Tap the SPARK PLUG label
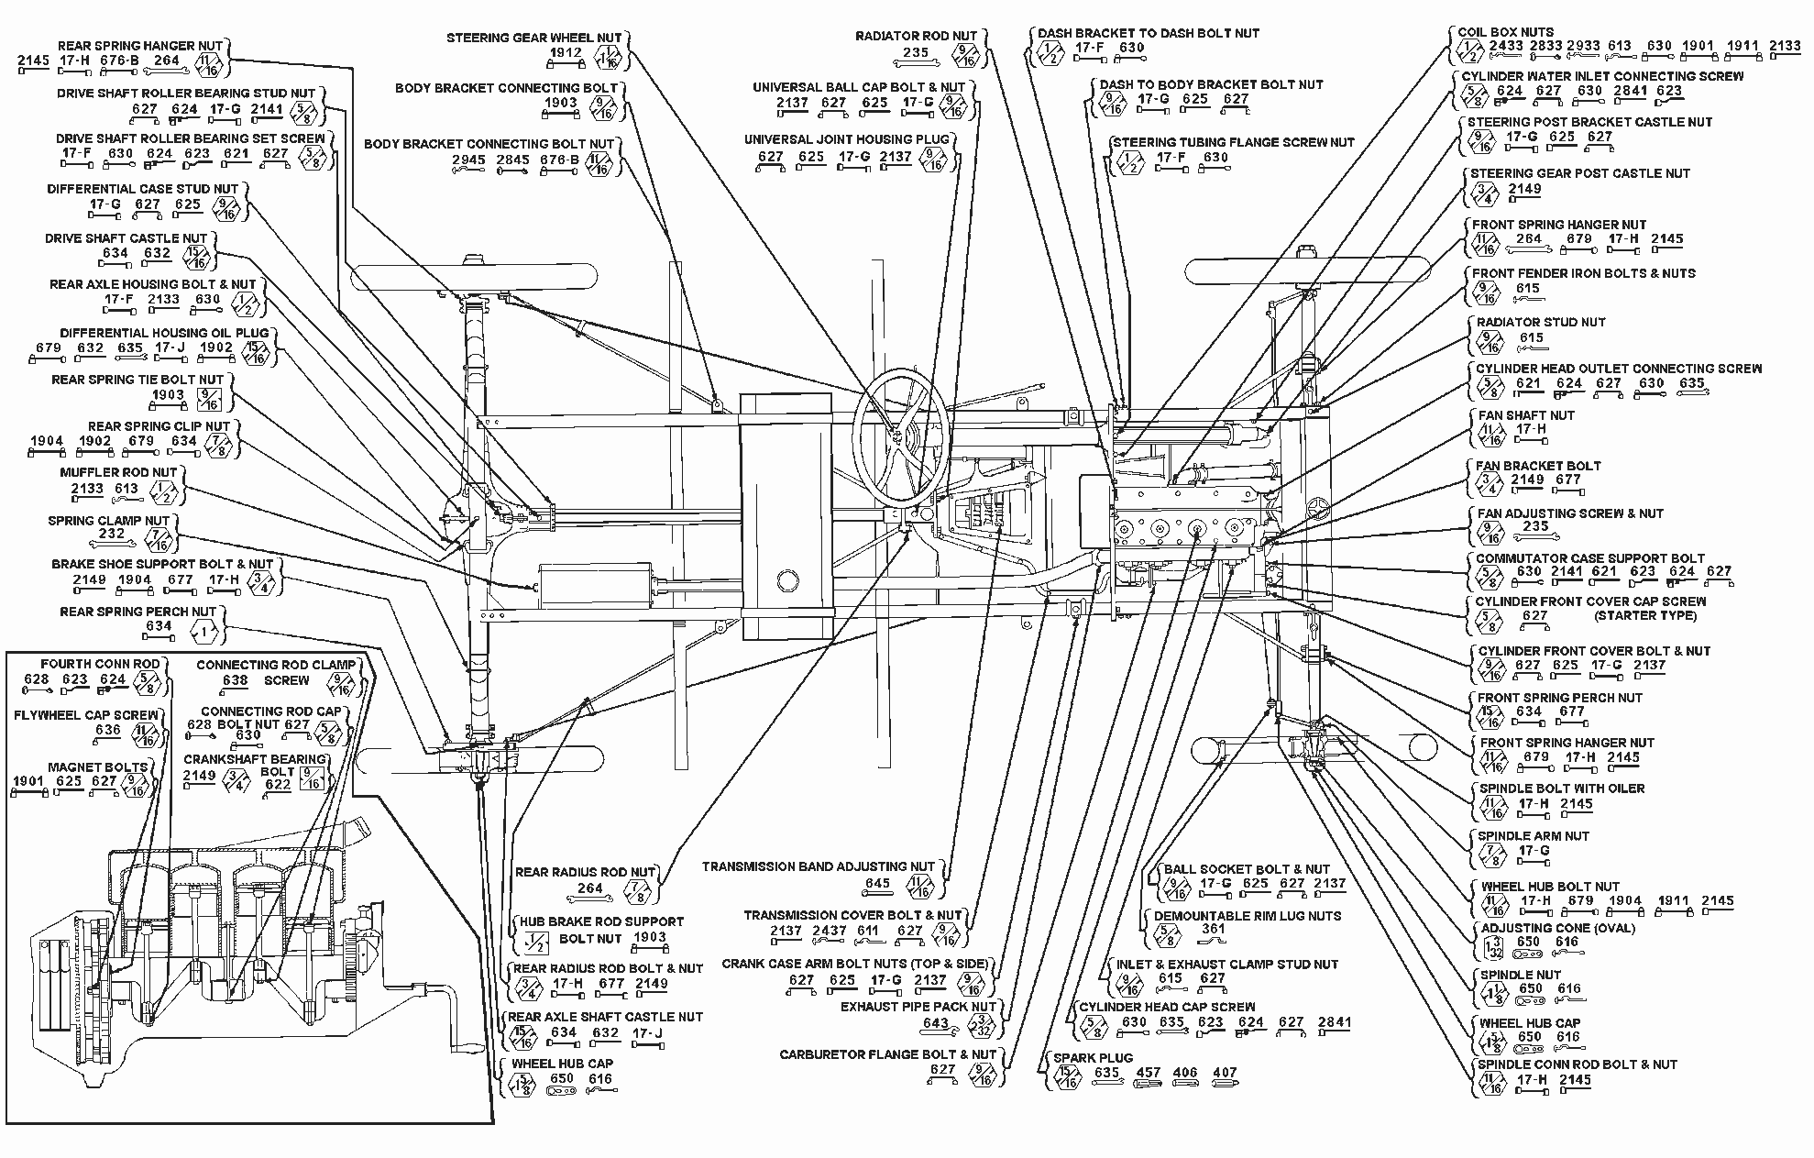pyautogui.click(x=1093, y=1057)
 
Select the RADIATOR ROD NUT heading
pyautogui.click(x=917, y=37)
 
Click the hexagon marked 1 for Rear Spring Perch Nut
pyautogui.click(x=203, y=631)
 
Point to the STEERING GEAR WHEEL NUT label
pyautogui.click(x=533, y=38)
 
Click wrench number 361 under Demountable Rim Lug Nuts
pyautogui.click(x=1213, y=930)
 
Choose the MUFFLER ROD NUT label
pyautogui.click(x=119, y=472)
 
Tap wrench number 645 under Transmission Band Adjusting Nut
pyautogui.click(x=877, y=884)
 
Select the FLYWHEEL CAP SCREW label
pyautogui.click(x=85, y=714)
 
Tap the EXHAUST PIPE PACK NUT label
pyautogui.click(x=918, y=1007)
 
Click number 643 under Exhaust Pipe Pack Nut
pyautogui.click(x=935, y=1022)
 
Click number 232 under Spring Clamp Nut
pyautogui.click(x=111, y=534)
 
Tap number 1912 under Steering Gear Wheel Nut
pyautogui.click(x=566, y=53)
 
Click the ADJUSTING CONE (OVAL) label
pyautogui.click(x=1557, y=928)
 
